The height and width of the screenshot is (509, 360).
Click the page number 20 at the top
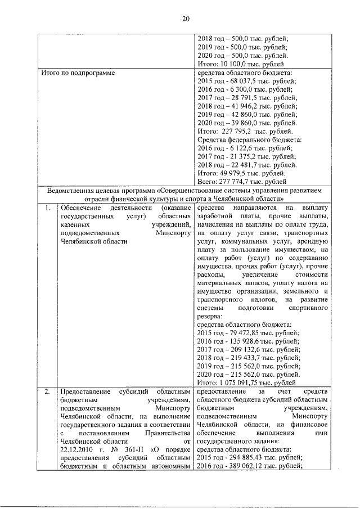185,19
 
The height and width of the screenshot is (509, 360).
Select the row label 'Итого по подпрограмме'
78,73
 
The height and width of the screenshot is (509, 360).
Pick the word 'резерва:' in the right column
211,316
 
